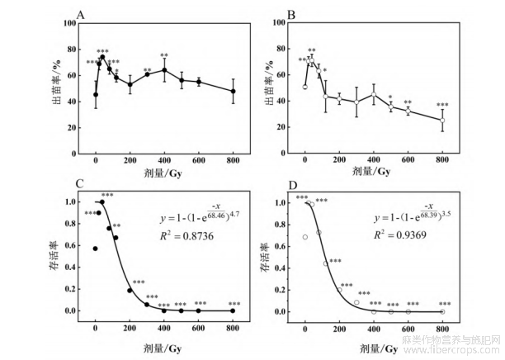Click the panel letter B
(290, 15)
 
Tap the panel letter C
(79, 182)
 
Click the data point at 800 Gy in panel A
(233, 91)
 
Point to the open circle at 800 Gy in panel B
(442, 121)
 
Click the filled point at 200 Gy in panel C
(130, 291)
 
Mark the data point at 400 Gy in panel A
(164, 69)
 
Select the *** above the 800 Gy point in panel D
(443, 303)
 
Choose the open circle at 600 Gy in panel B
(408, 111)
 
